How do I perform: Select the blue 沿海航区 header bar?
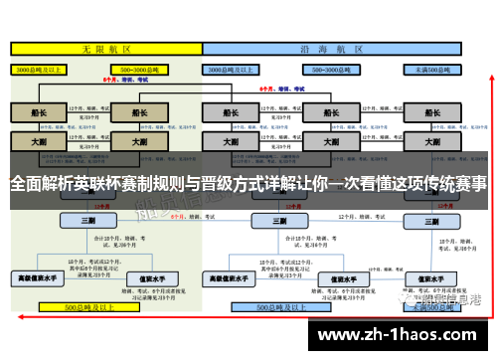point(345,48)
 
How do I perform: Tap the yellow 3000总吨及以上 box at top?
point(39,70)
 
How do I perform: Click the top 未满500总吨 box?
point(431,70)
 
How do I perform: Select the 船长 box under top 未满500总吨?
point(431,112)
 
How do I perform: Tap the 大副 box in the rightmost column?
point(431,142)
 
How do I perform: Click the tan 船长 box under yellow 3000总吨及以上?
point(39,112)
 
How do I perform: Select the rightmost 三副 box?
point(431,220)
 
